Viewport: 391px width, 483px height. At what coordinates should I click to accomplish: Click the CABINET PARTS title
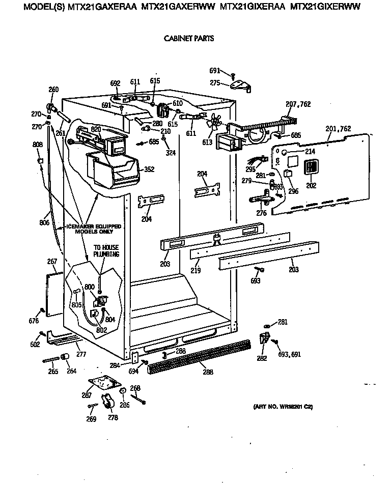188,38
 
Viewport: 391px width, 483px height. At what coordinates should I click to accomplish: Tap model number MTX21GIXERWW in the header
324,7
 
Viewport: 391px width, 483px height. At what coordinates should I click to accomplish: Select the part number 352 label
149,169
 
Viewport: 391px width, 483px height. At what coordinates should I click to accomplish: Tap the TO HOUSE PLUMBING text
106,251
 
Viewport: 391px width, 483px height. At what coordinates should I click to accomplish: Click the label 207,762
298,104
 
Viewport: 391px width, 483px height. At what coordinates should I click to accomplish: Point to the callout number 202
311,185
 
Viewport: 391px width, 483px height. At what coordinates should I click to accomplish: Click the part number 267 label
52,261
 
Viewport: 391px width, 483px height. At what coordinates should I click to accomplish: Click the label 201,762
338,129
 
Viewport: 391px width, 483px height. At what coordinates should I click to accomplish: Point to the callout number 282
261,358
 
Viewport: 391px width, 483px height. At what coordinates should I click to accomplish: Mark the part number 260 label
53,90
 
